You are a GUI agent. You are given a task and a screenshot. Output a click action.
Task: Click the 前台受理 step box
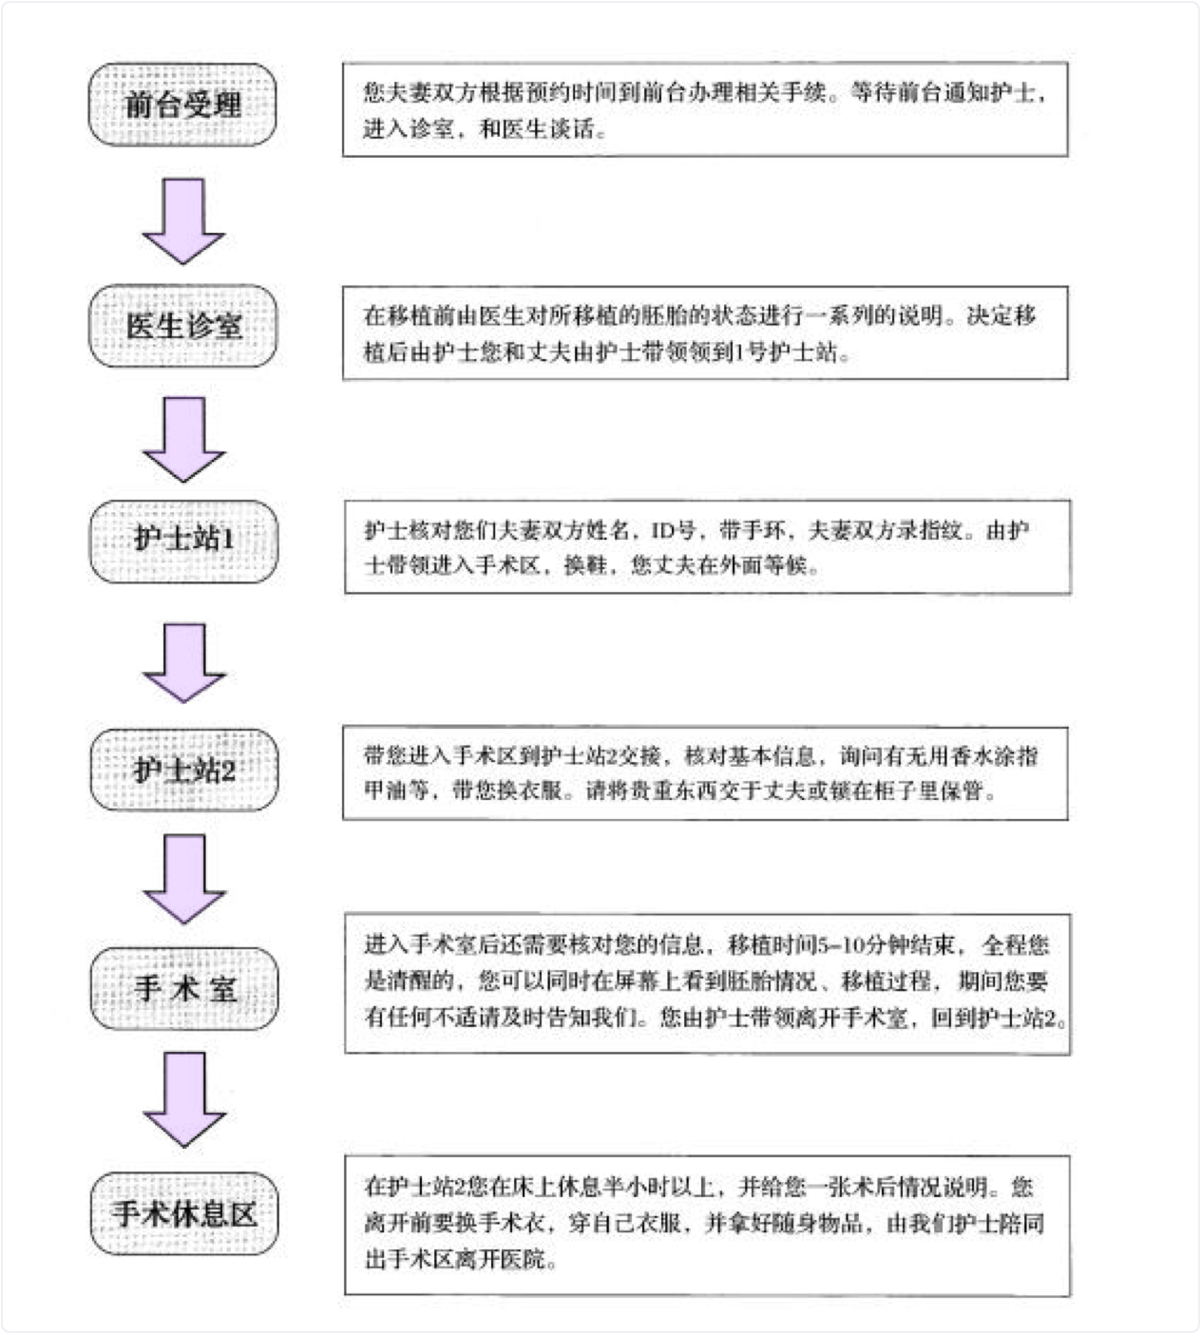[182, 105]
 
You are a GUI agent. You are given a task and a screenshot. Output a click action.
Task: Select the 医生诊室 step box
[182, 326]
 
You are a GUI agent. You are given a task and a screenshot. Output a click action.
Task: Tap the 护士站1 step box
[184, 542]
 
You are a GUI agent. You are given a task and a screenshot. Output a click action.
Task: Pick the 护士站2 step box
[184, 770]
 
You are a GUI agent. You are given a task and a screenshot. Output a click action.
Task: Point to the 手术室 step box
[184, 989]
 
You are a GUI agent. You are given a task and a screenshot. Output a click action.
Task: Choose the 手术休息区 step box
[184, 1213]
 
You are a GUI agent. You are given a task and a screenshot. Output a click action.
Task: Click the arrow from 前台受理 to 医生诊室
[183, 221]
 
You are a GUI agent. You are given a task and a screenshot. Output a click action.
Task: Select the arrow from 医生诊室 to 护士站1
[184, 440]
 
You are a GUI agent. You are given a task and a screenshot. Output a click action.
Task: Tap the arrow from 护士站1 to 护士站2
[184, 663]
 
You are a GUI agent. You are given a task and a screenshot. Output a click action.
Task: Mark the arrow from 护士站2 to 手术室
[185, 879]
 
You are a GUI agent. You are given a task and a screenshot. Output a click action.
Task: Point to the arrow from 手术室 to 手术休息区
[185, 1099]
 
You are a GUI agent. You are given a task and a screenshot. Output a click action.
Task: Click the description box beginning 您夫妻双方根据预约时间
[706, 109]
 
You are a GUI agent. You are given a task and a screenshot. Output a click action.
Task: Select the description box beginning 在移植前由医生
[706, 333]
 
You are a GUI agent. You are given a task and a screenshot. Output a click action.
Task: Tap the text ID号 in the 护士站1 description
[673, 531]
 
